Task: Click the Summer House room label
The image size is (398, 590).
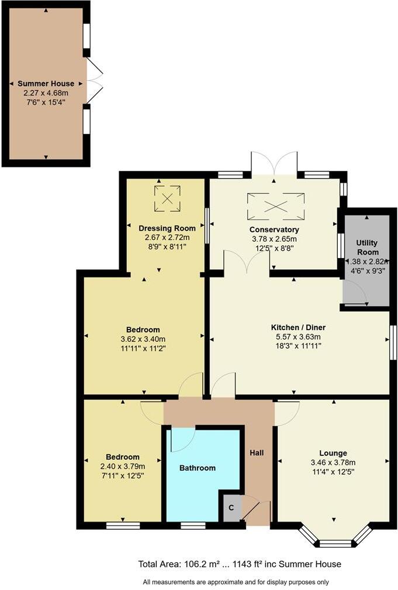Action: (46, 84)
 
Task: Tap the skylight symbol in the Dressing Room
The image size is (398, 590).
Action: (167, 199)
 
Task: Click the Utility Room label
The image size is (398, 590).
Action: (367, 247)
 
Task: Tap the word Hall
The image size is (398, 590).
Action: (257, 452)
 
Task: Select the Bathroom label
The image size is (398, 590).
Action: (198, 468)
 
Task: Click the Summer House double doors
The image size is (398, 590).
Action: (94, 81)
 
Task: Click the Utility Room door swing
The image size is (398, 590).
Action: (354, 291)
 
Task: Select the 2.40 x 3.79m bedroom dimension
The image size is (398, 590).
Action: (123, 466)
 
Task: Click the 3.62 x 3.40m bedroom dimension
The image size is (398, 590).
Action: (143, 339)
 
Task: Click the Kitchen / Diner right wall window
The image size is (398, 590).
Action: (393, 342)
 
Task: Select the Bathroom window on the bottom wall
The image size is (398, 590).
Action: (189, 526)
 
